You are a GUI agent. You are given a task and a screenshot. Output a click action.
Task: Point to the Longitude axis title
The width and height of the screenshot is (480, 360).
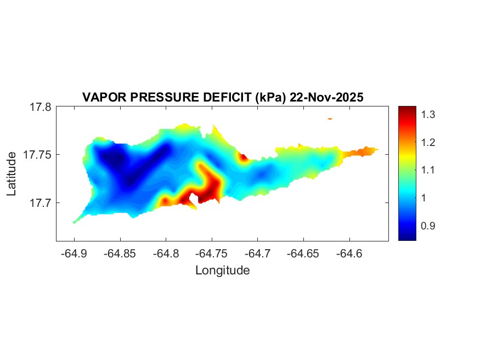(x=222, y=270)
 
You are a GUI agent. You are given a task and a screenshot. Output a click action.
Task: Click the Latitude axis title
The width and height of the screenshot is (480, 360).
(x=12, y=174)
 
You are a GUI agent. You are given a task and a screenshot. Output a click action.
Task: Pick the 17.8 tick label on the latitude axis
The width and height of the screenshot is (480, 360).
(x=41, y=107)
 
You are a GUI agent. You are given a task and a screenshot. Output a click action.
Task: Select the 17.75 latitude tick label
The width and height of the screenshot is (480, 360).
(x=38, y=155)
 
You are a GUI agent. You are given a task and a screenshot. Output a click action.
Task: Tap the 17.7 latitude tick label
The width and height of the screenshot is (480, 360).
(x=41, y=203)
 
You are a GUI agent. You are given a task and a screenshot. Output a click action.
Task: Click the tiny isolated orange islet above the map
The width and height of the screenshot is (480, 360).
(x=330, y=118)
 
